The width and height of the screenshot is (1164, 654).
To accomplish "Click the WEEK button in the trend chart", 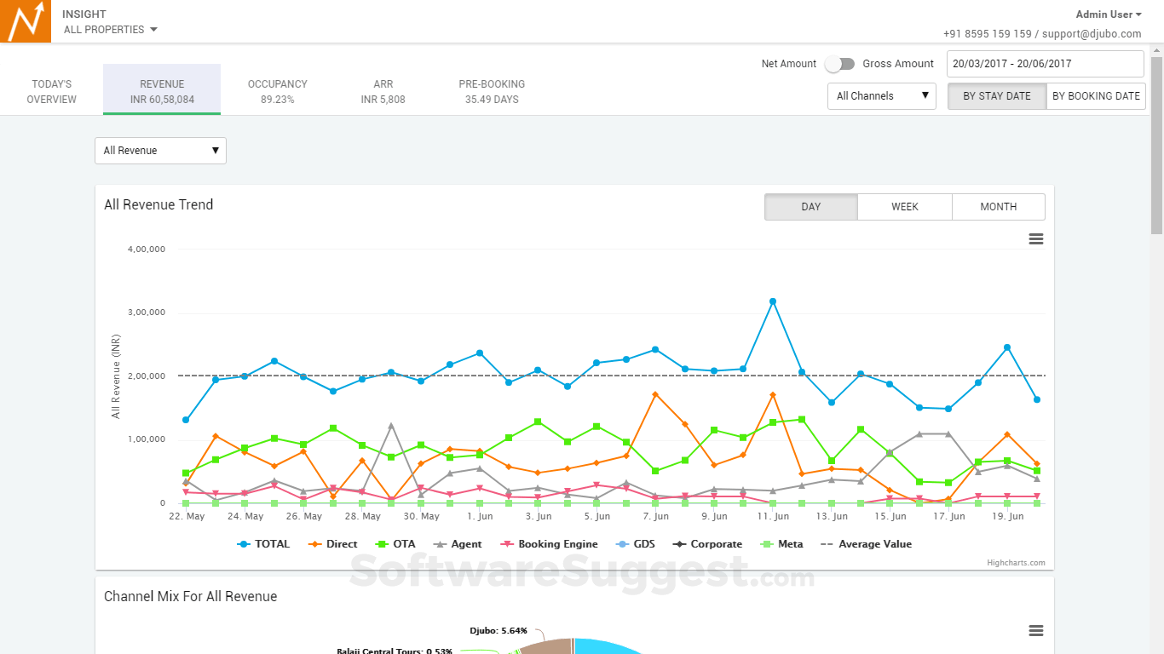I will pos(904,207).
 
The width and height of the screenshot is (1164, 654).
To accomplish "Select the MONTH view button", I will pos(998,207).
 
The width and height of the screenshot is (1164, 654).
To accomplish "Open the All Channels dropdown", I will pos(881,96).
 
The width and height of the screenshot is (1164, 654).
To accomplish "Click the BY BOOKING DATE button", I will pos(1096,96).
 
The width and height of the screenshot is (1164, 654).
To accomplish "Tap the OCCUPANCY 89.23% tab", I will pos(278,91).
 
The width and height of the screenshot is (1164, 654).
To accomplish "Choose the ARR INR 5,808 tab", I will pos(383,91).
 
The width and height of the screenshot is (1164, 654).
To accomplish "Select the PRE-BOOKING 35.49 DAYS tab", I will pos(492,91).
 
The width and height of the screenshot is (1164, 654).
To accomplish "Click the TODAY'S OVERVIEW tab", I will pos(51,91).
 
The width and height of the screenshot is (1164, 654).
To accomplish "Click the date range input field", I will pos(1045,64).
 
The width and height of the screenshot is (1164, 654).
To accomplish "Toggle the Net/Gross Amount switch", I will pos(839,64).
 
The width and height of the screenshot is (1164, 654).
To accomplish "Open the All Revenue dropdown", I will pos(160,151).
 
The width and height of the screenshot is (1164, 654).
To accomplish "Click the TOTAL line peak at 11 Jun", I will pos(773,301).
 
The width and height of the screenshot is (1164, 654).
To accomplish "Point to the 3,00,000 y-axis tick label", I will pos(146,313).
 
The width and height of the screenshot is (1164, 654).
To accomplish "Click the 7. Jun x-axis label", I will pos(655,516).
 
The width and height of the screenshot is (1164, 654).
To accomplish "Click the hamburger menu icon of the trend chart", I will pos(1036,239).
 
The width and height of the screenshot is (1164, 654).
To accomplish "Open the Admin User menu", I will pos(1108,14).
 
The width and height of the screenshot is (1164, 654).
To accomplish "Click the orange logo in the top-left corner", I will pos(26,21).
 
